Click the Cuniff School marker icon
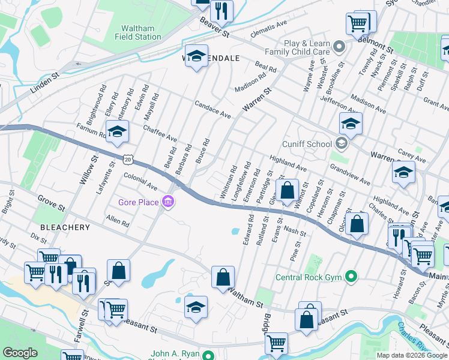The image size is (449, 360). coord(342,144)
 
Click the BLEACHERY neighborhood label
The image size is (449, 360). coord(65,227)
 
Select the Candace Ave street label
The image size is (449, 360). coord(212,109)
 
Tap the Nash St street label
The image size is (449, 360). coord(295,232)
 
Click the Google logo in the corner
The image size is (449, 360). coord(20,353)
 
